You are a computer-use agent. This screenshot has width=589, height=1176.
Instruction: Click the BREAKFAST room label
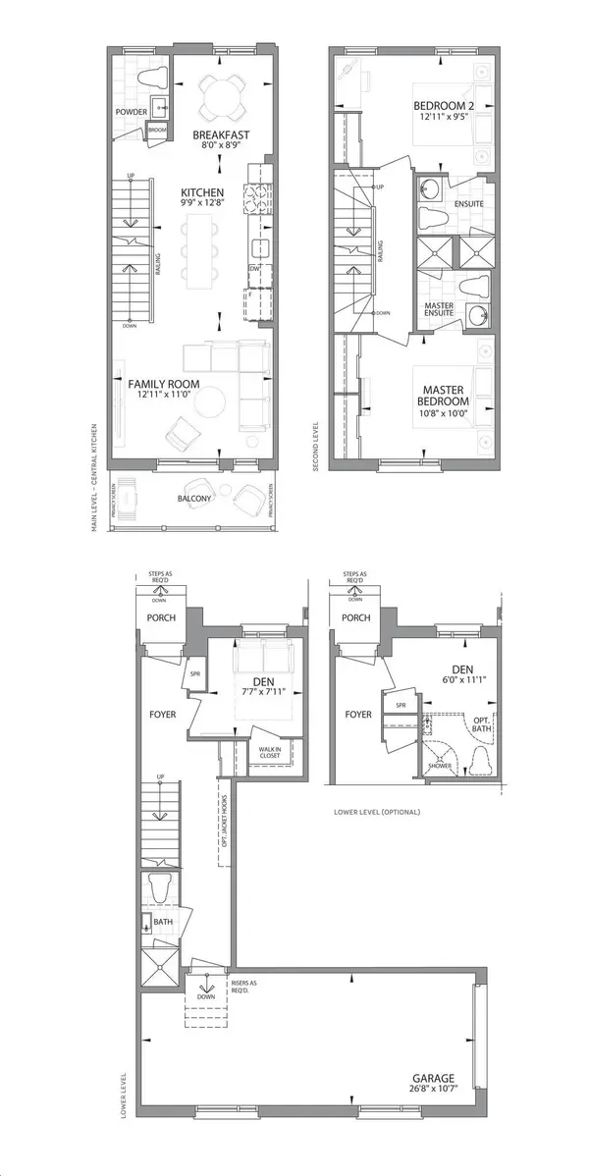pyautogui.click(x=217, y=134)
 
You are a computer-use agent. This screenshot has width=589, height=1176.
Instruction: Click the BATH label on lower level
pyautogui.click(x=164, y=923)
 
